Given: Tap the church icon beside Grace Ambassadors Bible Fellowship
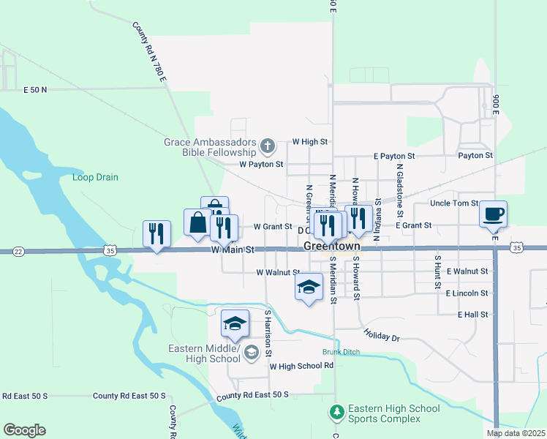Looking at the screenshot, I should [267, 146].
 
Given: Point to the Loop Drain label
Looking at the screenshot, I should [95, 177].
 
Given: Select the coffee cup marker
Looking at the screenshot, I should [493, 214].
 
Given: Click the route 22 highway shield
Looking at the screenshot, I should [19, 251].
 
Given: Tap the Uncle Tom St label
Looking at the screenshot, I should [454, 203].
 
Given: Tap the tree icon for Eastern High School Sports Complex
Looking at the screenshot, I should [337, 413].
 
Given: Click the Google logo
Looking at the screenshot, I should [24, 430].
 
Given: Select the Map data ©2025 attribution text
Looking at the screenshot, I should [515, 433].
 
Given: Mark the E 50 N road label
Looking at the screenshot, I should [35, 89].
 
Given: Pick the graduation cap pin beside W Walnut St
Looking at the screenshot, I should [309, 286].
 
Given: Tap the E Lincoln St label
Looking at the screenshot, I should [467, 293].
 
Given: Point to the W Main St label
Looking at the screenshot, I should [233, 250].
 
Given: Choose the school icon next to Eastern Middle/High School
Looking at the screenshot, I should [251, 353].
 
